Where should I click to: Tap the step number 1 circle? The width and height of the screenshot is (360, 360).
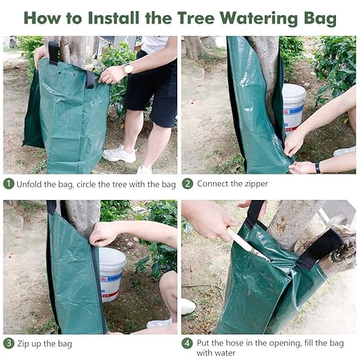tap(9, 184)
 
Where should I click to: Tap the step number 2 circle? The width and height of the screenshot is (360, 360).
tap(187, 184)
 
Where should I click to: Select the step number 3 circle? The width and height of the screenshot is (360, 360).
tap(9, 343)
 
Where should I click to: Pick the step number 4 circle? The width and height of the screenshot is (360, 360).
tap(187, 343)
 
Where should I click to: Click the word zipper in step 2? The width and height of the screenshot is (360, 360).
tap(253, 184)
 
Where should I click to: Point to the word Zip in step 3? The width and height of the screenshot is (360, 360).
tap(26, 343)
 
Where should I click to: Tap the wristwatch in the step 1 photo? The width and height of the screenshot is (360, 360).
tap(128, 68)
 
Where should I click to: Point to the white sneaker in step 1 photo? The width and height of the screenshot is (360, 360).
tap(119, 154)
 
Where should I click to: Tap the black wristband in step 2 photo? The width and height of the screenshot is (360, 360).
tap(317, 167)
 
